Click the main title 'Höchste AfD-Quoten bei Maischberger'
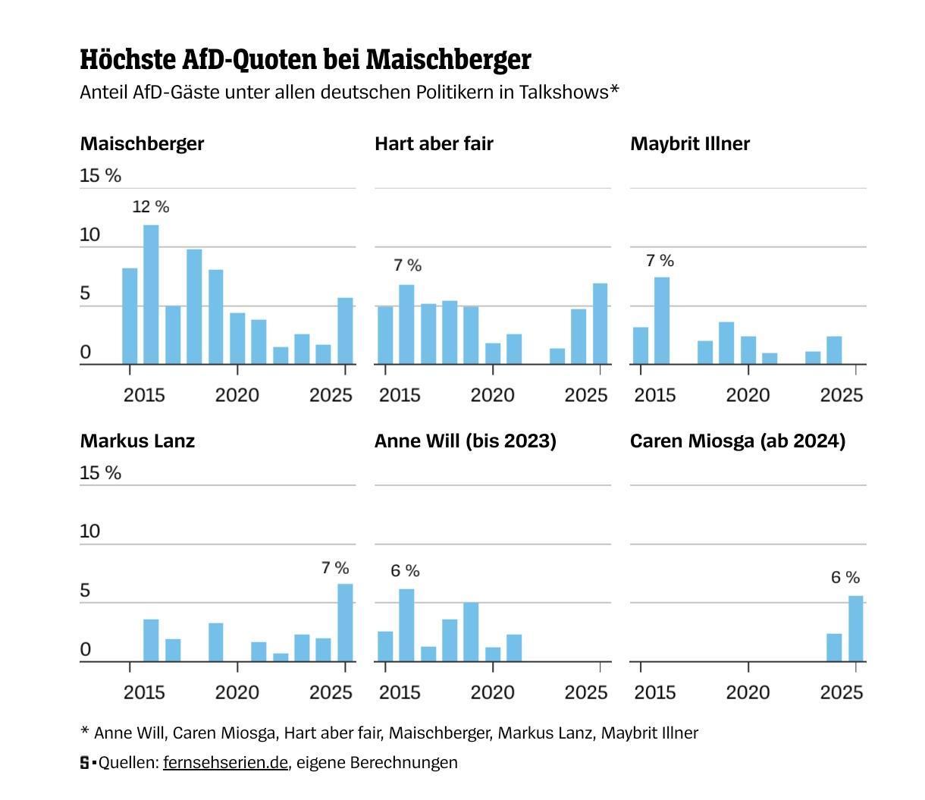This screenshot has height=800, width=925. (306, 59)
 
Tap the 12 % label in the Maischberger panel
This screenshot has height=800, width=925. (151, 206)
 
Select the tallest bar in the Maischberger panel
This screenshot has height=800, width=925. (151, 294)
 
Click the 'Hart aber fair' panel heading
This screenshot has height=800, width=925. (434, 143)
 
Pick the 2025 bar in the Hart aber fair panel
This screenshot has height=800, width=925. (600, 324)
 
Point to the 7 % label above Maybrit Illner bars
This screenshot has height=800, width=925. (660, 261)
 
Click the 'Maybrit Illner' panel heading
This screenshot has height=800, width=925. (689, 143)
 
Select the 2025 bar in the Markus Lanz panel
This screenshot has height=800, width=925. (345, 623)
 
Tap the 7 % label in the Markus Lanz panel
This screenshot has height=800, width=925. (335, 568)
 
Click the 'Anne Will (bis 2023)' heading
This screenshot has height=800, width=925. (465, 441)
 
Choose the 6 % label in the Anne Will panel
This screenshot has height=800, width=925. (406, 571)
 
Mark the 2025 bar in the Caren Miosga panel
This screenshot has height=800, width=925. (856, 629)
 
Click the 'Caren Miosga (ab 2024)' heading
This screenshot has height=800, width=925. (737, 441)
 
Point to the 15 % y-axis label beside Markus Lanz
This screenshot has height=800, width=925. (100, 472)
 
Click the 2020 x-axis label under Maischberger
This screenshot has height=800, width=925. (237, 395)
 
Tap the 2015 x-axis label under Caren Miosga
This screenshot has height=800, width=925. (654, 692)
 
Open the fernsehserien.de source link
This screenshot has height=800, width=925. (225, 762)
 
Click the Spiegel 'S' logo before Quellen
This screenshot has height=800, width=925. (85, 762)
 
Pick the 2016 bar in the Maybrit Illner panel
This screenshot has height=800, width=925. (662, 321)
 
